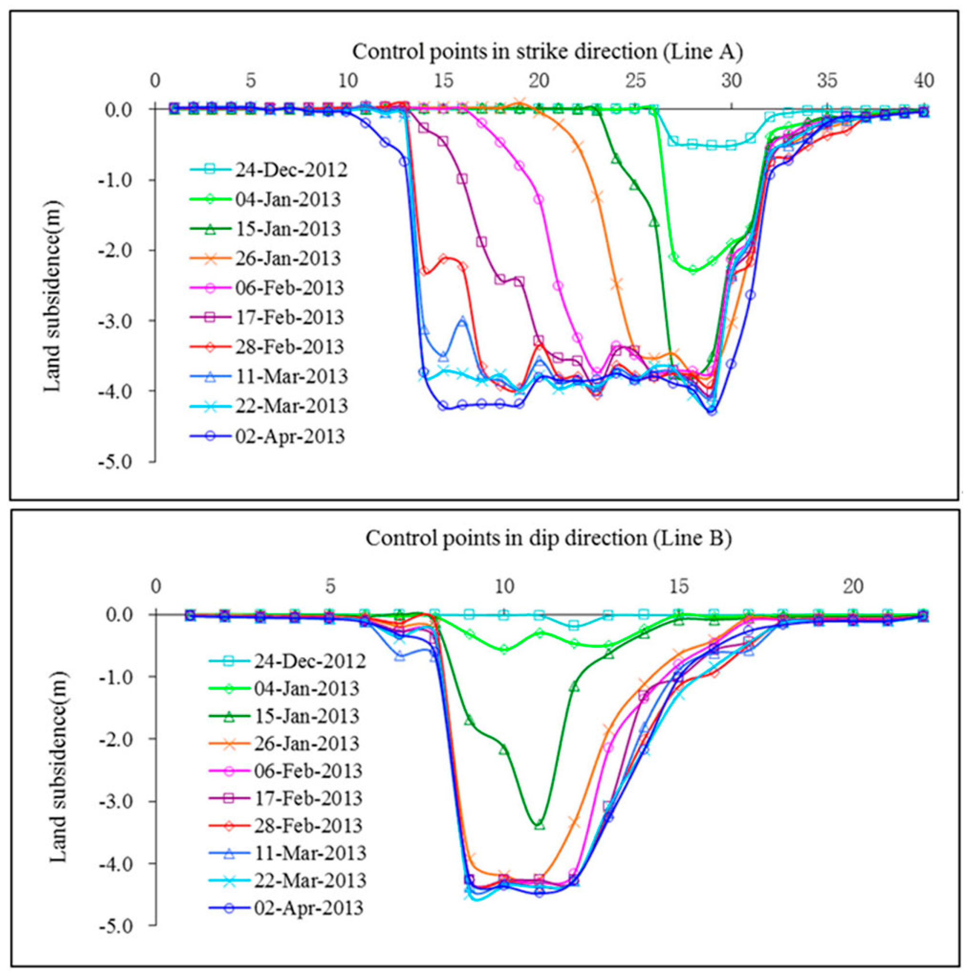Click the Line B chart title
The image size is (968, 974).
tap(548, 538)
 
